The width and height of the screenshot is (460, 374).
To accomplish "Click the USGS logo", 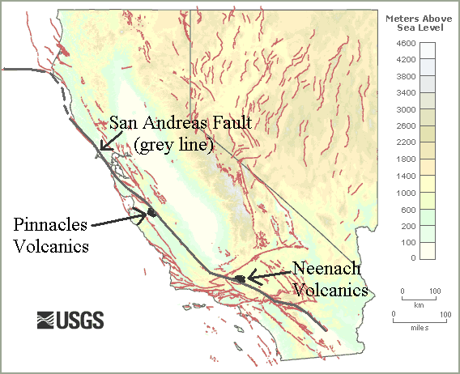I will click(70, 320).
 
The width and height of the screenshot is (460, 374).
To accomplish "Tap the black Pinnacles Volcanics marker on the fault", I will click(150, 213).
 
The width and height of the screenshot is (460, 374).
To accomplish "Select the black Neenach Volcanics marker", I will click(240, 278).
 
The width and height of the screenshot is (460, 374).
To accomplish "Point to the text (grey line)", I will click(174, 145).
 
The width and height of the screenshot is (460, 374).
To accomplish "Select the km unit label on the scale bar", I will click(418, 305).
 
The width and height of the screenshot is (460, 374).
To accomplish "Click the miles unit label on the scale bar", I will click(419, 328).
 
